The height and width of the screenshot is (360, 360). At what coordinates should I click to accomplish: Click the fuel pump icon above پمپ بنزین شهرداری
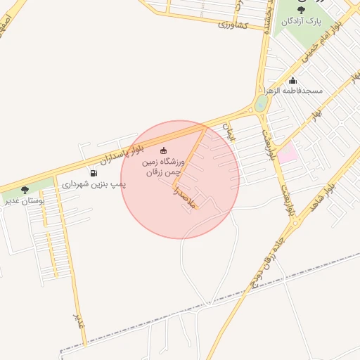pos(94,173)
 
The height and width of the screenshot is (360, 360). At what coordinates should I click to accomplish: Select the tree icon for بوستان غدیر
pos(25,190)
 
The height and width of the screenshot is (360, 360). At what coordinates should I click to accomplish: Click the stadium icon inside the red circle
pos(164,150)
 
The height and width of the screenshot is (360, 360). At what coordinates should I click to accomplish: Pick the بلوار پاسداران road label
pos(127,150)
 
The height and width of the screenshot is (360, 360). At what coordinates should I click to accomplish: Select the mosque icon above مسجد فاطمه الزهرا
pos(293,80)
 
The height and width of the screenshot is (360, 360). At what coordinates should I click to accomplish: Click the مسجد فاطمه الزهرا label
pos(293,91)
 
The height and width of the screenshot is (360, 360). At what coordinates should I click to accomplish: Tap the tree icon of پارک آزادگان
pos(302,10)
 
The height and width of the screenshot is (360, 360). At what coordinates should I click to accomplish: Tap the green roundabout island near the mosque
pos(262,104)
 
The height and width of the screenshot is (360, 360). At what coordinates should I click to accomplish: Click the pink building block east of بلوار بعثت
pos(287,153)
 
